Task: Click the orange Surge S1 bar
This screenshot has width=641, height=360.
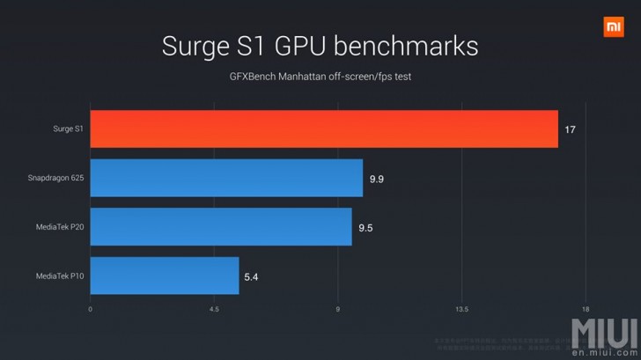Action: click(324, 129)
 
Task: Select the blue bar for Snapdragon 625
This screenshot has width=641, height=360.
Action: click(226, 178)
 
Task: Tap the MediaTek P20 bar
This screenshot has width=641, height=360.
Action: click(221, 226)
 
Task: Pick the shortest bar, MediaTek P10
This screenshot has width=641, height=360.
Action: click(165, 276)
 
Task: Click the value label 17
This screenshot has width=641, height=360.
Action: click(571, 129)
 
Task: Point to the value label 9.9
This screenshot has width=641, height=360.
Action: click(377, 179)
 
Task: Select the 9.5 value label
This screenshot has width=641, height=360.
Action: click(366, 227)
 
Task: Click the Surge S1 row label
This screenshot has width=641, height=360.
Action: click(67, 129)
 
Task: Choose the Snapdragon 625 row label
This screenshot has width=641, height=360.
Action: click(55, 179)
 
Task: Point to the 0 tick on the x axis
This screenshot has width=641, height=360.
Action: click(91, 309)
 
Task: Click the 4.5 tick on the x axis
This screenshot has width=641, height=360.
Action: click(214, 309)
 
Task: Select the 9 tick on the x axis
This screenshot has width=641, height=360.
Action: click(338, 309)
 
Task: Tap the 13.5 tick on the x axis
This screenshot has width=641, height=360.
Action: click(461, 309)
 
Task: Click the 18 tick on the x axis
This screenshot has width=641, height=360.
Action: click(585, 309)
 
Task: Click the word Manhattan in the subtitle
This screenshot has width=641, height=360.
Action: click(304, 76)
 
